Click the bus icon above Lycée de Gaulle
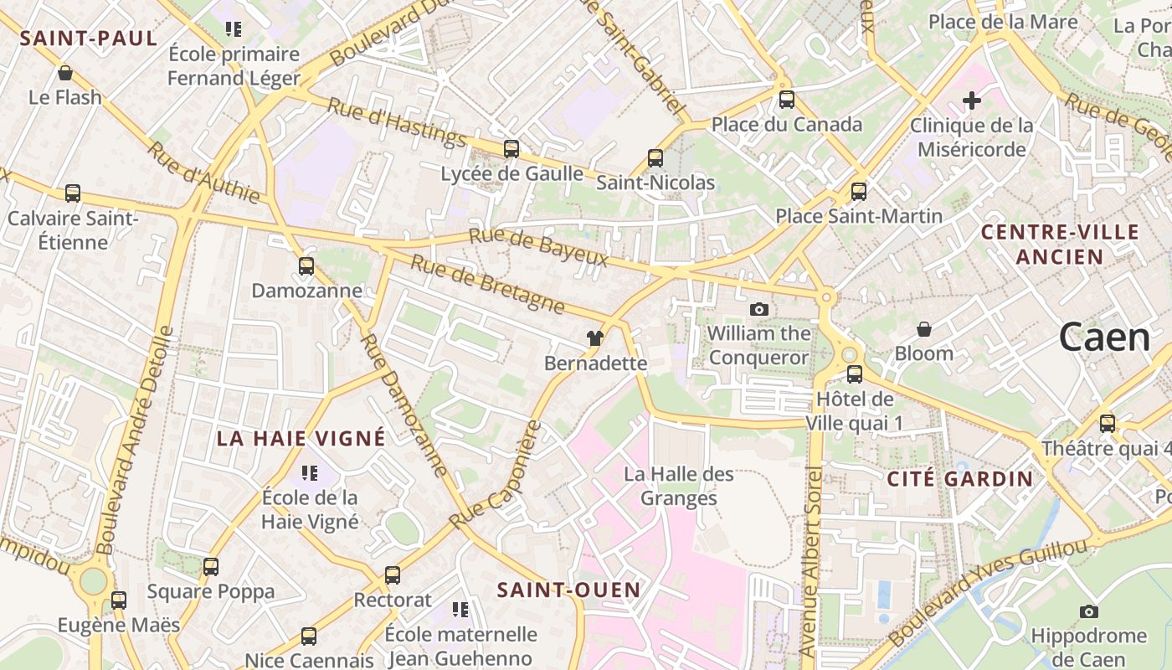[x=511, y=149]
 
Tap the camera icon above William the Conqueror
[x=759, y=309]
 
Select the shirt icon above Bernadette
[x=595, y=338]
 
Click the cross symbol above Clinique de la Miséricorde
[x=972, y=101]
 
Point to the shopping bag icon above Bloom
[x=924, y=329]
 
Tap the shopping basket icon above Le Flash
[x=65, y=73]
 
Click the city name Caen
[x=1105, y=338]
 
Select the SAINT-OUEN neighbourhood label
[x=569, y=590]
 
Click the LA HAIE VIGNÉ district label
[x=301, y=438]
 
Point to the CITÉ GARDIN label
[x=960, y=479]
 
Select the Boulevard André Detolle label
[x=135, y=440]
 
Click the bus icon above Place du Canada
[x=787, y=100]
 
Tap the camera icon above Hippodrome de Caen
[x=1089, y=611]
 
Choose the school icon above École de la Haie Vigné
[x=310, y=473]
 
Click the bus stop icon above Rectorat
[x=393, y=575]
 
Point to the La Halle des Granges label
[x=679, y=486]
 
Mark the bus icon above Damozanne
[x=306, y=266]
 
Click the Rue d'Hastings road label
[x=396, y=122]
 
